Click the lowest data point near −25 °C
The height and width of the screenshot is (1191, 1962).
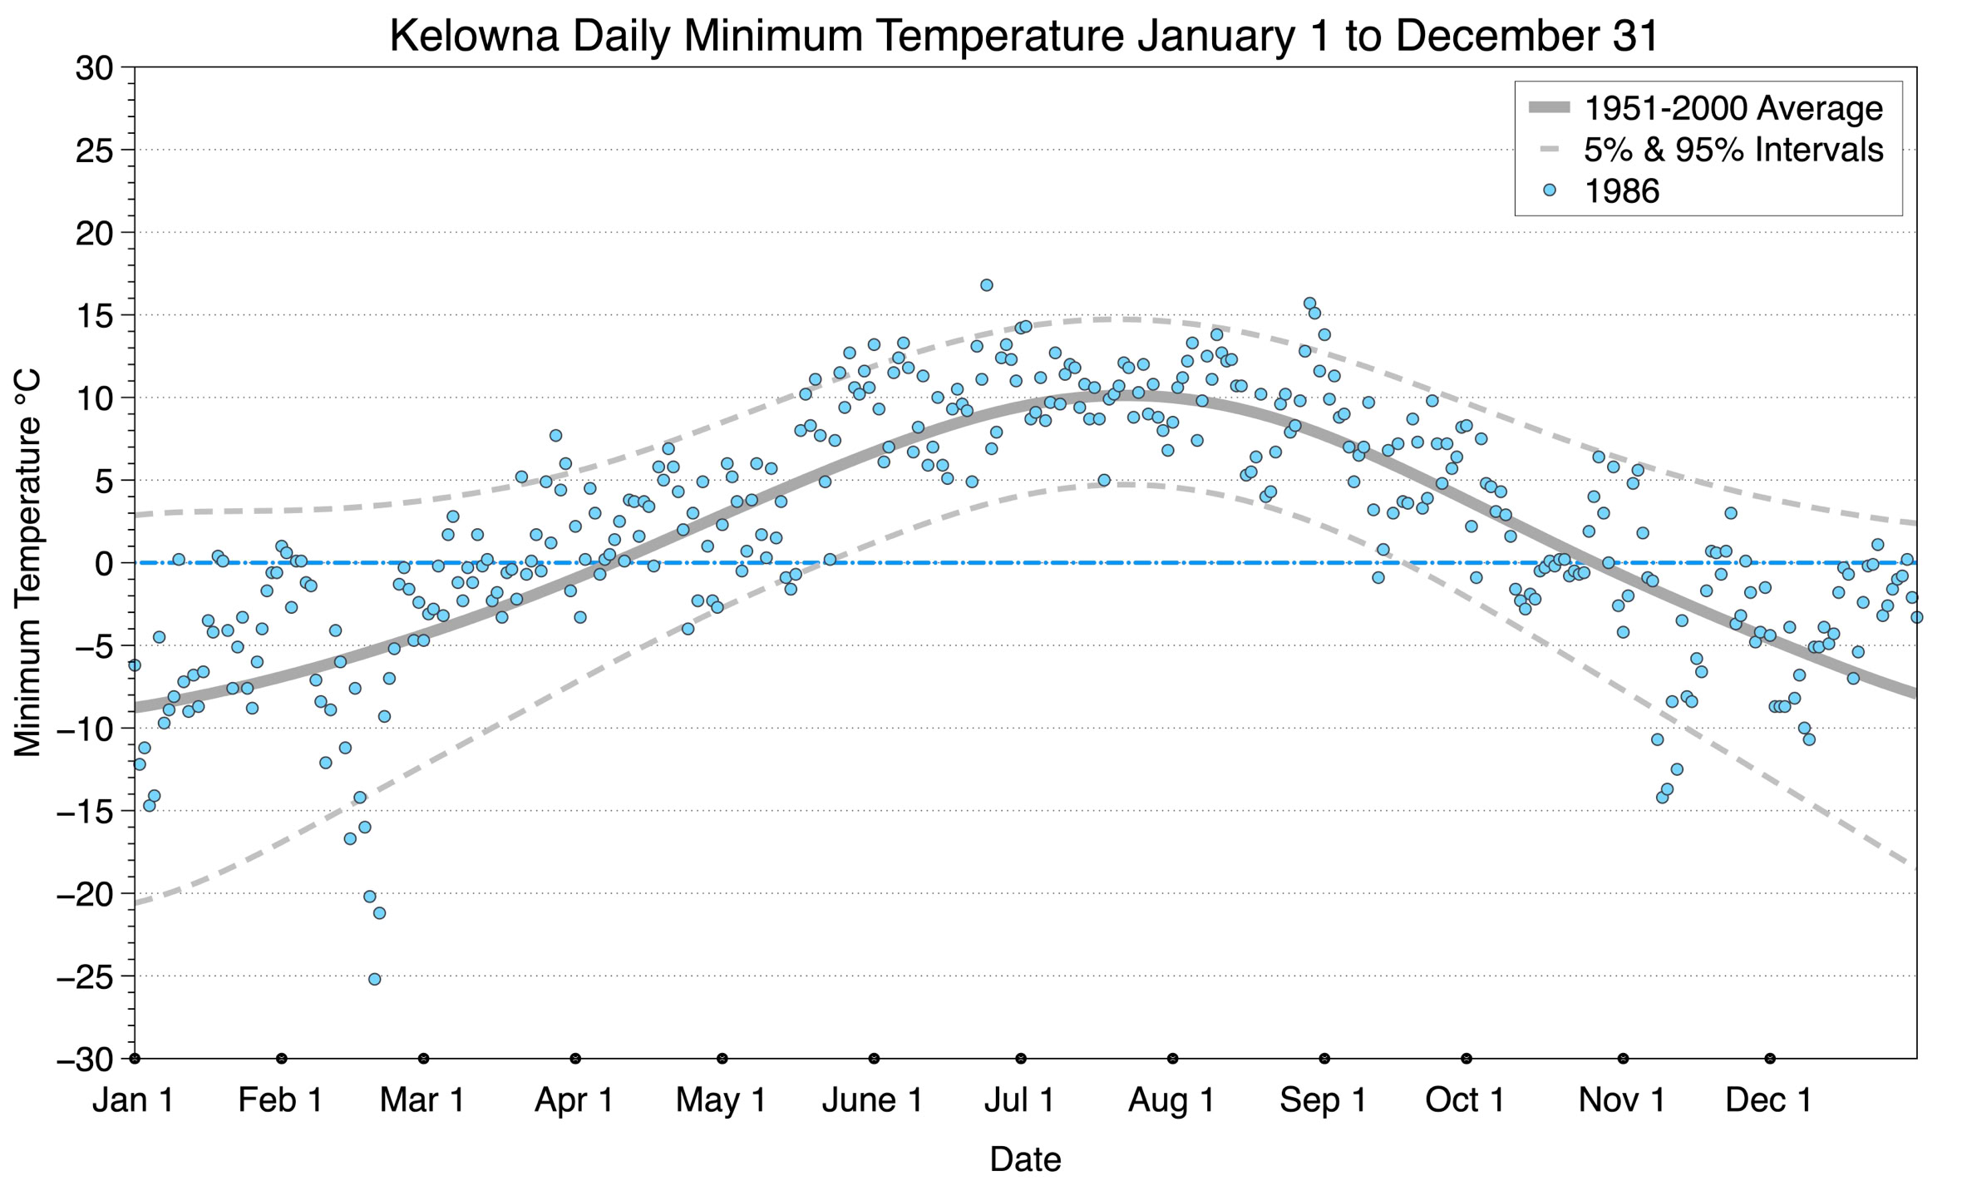click(x=374, y=979)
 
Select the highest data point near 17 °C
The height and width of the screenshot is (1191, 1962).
click(x=986, y=285)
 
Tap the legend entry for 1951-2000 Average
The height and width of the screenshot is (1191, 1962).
click(x=1733, y=108)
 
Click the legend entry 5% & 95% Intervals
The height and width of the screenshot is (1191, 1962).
click(x=1733, y=150)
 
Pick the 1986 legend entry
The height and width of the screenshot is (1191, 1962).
click(x=1621, y=191)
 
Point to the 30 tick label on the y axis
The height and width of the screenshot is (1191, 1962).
click(x=94, y=68)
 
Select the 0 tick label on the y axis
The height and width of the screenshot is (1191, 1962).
click(x=104, y=564)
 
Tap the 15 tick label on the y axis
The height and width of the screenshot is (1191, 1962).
click(x=94, y=315)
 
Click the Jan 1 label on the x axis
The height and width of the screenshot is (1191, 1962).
click(x=133, y=1100)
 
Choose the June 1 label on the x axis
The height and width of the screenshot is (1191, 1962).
click(x=872, y=1100)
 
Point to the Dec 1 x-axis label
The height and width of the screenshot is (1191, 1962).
click(x=1768, y=1100)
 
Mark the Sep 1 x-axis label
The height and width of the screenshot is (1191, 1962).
click(x=1323, y=1100)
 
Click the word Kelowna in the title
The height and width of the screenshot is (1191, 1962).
click(x=474, y=37)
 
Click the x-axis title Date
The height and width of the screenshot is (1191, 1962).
click(x=1025, y=1159)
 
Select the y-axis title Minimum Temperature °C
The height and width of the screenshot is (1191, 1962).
click(x=28, y=563)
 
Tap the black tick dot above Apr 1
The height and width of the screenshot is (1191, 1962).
click(x=575, y=1059)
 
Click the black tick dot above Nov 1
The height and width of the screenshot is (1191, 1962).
click(x=1623, y=1059)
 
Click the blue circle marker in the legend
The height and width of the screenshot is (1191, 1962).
click(x=1549, y=190)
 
